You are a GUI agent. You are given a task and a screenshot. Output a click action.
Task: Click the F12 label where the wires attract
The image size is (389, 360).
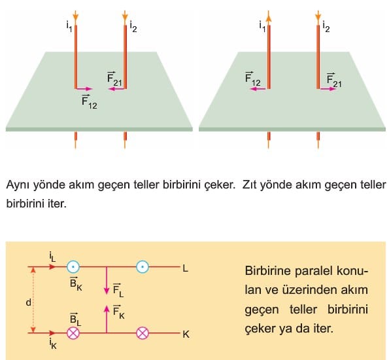click(90, 102)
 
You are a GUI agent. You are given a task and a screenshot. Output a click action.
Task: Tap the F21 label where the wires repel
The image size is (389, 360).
click(334, 81)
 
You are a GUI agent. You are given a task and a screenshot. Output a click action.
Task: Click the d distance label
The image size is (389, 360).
click(29, 302)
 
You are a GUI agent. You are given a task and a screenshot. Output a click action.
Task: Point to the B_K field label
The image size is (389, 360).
click(76, 283)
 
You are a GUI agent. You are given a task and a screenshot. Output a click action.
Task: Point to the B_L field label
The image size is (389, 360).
click(75, 319)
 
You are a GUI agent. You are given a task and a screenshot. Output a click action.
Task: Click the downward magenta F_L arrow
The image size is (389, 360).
click(107, 281)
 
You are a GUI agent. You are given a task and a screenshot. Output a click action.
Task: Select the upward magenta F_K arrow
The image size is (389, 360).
click(107, 319)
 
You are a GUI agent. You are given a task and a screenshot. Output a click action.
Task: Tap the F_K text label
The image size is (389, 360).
click(118, 312)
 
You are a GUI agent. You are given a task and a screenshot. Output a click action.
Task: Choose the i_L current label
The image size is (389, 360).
click(52, 257)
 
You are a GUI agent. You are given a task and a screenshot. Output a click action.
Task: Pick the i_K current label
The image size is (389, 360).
click(53, 344)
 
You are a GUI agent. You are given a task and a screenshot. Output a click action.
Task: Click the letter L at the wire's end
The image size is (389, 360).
click(185, 268)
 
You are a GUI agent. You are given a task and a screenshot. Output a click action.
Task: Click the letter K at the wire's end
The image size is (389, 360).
click(186, 334)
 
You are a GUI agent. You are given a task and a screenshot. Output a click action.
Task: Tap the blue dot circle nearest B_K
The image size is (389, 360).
click(73, 267)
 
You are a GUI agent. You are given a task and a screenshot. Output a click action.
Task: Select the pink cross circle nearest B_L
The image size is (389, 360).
click(73, 333)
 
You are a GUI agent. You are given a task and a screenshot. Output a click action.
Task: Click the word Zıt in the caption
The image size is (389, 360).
click(250, 185)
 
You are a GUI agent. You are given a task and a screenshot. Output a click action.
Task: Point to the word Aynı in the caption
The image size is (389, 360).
click(18, 185)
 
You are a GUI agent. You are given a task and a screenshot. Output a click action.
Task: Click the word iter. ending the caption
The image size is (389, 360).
click(57, 204)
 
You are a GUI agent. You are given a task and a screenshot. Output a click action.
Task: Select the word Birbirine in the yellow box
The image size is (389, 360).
click(267, 270)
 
